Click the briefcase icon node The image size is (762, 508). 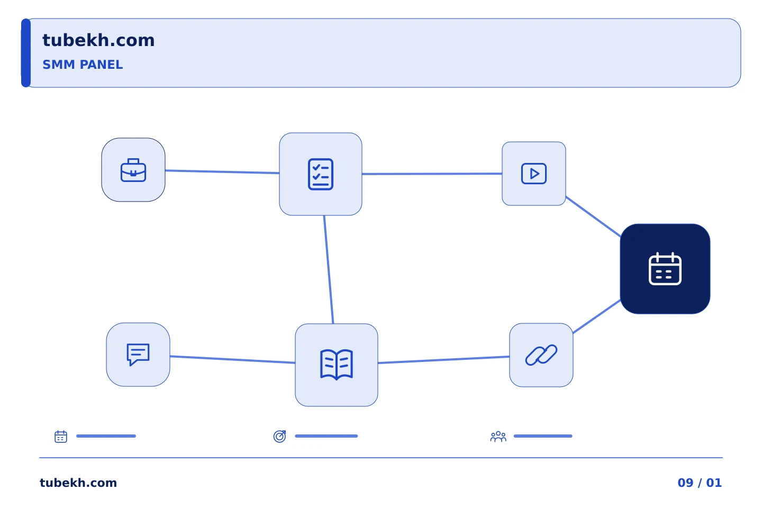tap(133, 170)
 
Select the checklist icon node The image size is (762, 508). tap(321, 174)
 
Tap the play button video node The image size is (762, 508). tap(534, 174)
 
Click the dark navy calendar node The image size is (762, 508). tap(665, 269)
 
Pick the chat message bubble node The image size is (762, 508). tap(138, 355)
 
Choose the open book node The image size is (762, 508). tap(337, 365)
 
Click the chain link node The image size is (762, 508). tap(541, 355)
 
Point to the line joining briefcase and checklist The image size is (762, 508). tap(222, 172)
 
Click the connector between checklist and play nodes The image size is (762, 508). tap(432, 174)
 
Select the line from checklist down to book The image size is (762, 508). tap(329, 269)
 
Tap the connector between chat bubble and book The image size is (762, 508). tap(233, 360)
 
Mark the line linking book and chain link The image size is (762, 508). tap(443, 360)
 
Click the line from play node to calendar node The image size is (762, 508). tap(593, 216)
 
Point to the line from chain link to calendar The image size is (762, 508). tap(597, 316)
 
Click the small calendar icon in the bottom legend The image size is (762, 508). tap(61, 436)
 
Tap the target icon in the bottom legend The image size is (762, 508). tap(279, 436)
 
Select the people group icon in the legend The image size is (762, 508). tap(498, 436)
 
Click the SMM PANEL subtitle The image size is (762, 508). tap(83, 65)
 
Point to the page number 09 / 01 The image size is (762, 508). tap(700, 483)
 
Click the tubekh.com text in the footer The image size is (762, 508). tap(78, 483)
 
